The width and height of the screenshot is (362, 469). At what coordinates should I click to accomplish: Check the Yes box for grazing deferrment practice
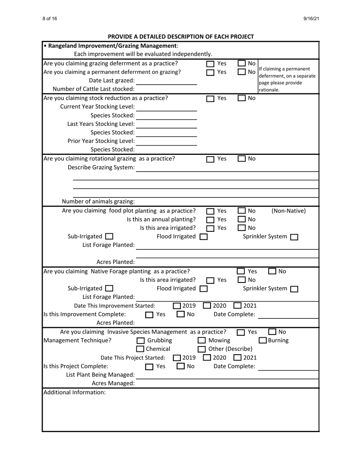[x=210, y=64]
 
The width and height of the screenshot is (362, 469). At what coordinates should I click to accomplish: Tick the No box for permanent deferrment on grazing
[x=242, y=72]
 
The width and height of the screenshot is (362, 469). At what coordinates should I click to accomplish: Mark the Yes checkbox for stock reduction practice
[x=210, y=98]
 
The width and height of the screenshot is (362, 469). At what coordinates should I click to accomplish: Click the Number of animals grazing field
[x=227, y=201]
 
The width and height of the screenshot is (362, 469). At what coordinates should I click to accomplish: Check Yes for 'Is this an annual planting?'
[x=210, y=220]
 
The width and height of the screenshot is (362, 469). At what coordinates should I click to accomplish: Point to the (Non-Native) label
[x=288, y=210]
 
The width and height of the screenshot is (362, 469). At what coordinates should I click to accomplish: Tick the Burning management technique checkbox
[x=263, y=341]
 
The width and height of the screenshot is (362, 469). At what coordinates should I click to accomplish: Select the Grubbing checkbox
[x=141, y=341]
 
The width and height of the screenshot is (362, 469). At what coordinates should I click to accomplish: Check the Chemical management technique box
[x=141, y=349]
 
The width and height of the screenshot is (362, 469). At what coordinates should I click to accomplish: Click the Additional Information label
[x=74, y=392]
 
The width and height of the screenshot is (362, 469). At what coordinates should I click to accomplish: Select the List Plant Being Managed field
[x=227, y=375]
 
